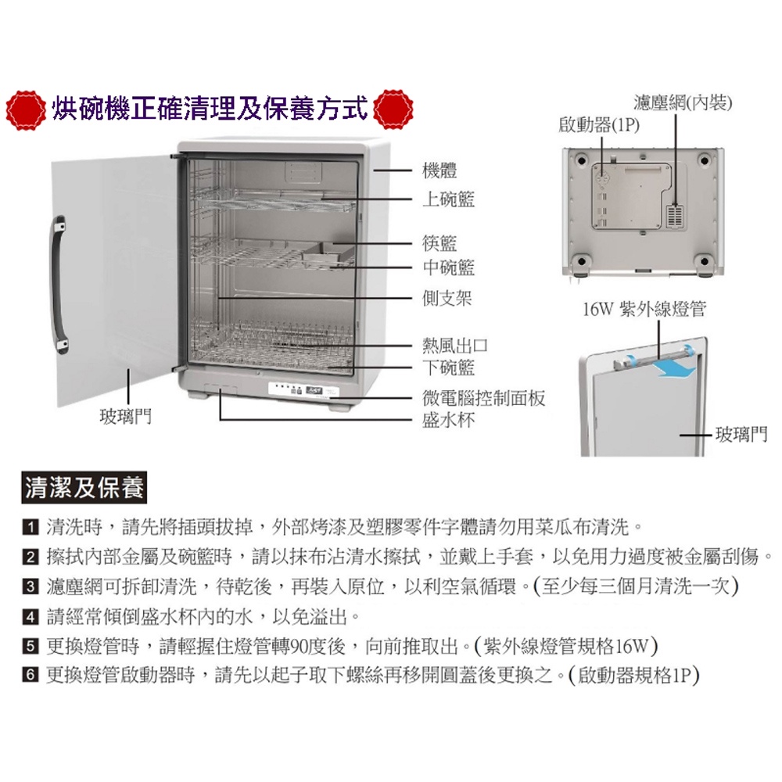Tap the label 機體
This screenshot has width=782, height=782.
coord(439,170)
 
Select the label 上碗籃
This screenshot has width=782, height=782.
coord(448,199)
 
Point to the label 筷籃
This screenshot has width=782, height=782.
coord(439,243)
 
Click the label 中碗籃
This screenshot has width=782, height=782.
coord(448,267)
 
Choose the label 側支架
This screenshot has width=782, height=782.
coord(447,298)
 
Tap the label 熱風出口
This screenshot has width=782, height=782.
coord(455,345)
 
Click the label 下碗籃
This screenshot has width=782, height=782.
coord(448,368)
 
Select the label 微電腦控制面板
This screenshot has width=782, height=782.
coord(484,397)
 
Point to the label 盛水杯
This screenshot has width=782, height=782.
coord(448,420)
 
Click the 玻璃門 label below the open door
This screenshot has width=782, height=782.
coord(126,416)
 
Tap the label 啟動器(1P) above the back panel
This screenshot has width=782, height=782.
coord(599,124)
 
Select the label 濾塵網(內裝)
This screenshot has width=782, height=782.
coord(683,102)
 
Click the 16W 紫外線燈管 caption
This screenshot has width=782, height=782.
coord(644,309)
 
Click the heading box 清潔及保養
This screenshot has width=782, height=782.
coord(84,487)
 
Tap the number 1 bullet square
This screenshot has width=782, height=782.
coord(30,527)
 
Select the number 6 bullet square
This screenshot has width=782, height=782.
coord(30,676)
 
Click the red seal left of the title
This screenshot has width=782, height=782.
coord(26,110)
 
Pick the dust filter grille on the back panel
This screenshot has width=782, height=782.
coord(675,215)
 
